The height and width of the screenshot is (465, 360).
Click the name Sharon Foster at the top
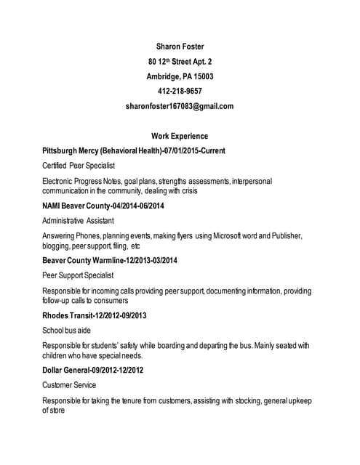click(x=180, y=47)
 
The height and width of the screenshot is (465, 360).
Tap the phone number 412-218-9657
click(x=180, y=91)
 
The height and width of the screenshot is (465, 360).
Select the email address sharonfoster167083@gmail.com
click(x=180, y=106)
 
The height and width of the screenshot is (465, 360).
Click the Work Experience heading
click(x=180, y=136)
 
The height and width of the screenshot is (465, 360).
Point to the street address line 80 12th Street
click(x=180, y=62)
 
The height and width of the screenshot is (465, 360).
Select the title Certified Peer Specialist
click(x=79, y=166)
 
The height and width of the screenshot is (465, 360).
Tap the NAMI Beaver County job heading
click(x=103, y=206)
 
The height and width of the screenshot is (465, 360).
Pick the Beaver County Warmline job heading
click(x=110, y=260)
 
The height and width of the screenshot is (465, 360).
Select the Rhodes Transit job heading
click(x=95, y=315)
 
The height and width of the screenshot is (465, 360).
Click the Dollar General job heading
click(x=93, y=370)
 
